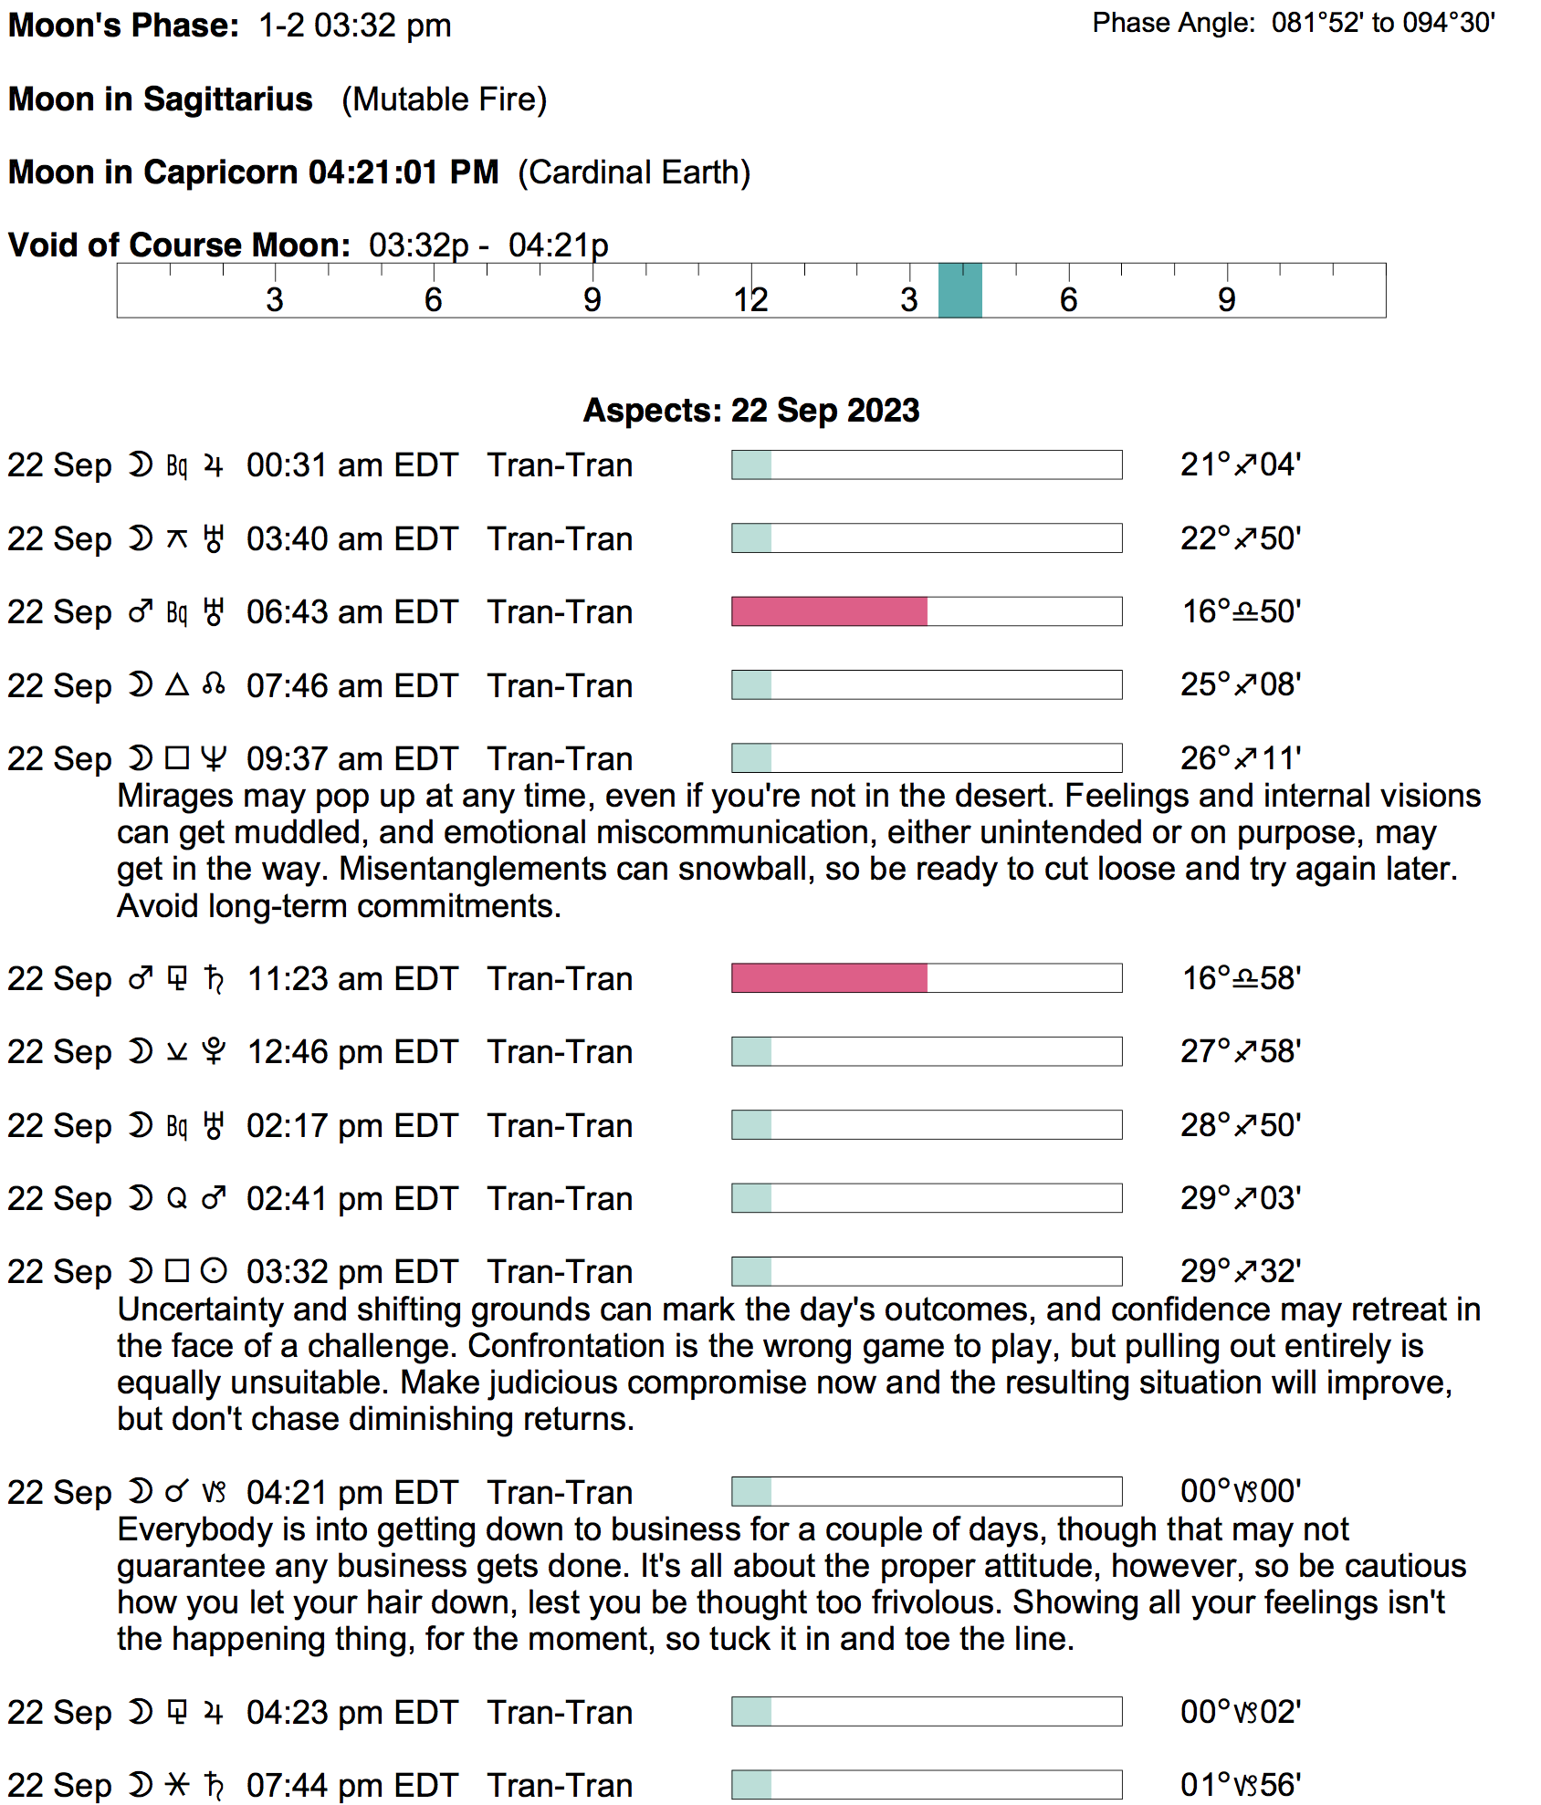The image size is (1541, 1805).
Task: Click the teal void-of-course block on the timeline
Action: tap(959, 290)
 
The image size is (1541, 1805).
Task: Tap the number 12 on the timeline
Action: tap(750, 299)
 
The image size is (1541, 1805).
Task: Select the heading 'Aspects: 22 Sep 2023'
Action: tap(750, 411)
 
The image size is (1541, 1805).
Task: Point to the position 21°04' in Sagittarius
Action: tap(1240, 465)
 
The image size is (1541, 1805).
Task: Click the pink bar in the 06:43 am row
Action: tap(829, 611)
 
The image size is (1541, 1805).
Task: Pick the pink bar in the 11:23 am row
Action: tap(829, 978)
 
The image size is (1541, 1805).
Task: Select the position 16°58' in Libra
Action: tap(1241, 978)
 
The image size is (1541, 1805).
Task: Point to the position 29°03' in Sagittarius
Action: tap(1240, 1198)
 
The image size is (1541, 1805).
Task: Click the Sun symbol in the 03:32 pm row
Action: tap(214, 1271)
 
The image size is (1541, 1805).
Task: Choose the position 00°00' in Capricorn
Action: tap(1240, 1492)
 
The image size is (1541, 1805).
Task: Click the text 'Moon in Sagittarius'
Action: tap(161, 99)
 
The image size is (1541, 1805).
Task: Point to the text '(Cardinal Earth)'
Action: tap(634, 172)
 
